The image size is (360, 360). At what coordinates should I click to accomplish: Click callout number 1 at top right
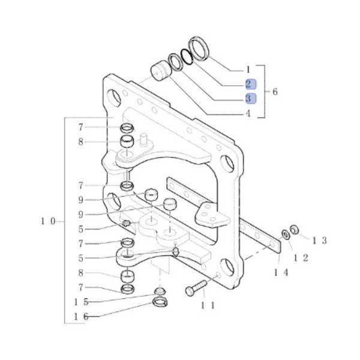(x=248, y=69)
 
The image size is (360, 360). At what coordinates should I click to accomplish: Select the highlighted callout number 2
(x=248, y=84)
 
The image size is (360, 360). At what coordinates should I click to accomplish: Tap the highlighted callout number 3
(x=248, y=98)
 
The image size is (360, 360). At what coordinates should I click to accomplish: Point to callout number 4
(x=248, y=113)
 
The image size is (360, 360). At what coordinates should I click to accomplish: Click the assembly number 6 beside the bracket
(x=275, y=92)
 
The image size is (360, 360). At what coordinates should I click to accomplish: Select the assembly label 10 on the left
(x=48, y=221)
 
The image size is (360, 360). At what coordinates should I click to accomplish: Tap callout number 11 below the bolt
(x=207, y=305)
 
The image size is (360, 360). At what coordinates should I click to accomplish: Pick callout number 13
(x=319, y=241)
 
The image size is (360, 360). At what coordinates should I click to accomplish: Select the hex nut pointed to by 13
(x=295, y=229)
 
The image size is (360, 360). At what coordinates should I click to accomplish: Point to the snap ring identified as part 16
(x=160, y=302)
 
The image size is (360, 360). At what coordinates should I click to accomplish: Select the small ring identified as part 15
(x=159, y=292)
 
